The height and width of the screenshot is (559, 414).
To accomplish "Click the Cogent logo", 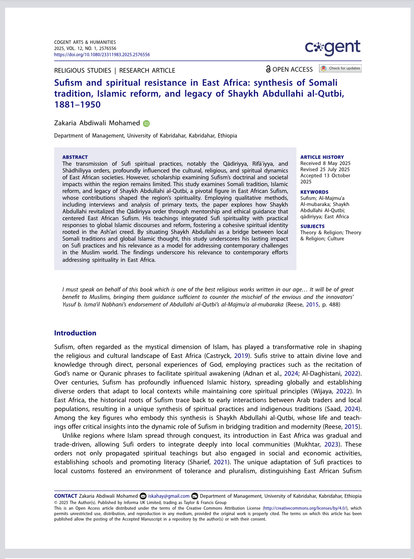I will click(x=333, y=48).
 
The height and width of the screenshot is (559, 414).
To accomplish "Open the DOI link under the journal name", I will click(x=102, y=55).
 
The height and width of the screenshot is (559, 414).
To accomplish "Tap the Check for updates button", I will click(x=340, y=68).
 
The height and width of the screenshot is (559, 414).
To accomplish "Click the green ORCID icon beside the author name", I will click(x=146, y=124).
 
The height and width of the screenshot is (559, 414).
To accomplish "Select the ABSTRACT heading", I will click(x=75, y=157).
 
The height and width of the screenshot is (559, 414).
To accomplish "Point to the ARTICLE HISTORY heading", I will click(x=322, y=157).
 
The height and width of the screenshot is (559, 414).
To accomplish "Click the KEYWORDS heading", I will click(x=314, y=192).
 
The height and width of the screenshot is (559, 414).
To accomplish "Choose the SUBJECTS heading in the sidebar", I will click(x=312, y=227).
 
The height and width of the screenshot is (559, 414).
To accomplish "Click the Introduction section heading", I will click(x=75, y=333).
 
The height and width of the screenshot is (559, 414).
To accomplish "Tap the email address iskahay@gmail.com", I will click(x=169, y=496).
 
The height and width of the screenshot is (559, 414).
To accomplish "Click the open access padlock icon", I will click(x=268, y=69).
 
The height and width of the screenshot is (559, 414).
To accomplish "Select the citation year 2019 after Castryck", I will click(x=241, y=356).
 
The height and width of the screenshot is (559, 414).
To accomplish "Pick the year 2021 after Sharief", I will click(x=221, y=462).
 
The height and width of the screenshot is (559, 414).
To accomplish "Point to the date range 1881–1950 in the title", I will click(x=78, y=105).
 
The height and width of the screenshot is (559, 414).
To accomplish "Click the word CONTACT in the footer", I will click(x=66, y=496).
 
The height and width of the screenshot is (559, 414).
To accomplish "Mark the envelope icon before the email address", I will click(x=143, y=496).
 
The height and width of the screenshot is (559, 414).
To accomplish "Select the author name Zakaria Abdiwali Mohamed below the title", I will click(x=97, y=123).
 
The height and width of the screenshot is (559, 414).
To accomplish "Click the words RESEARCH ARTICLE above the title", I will click(x=147, y=71).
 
